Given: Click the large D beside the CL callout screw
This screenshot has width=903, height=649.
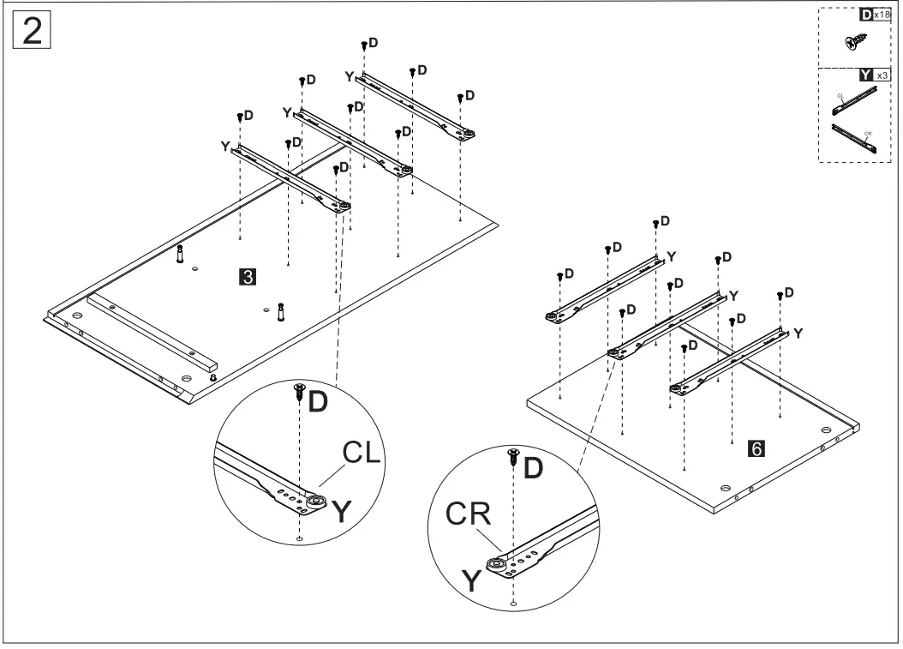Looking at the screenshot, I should pyautogui.click(x=317, y=402).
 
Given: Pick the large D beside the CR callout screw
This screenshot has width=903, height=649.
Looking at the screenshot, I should pyautogui.click(x=533, y=468).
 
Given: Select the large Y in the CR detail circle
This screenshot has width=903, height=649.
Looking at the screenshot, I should pyautogui.click(x=472, y=581).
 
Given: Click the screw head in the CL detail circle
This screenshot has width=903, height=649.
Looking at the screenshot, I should pyautogui.click(x=298, y=390).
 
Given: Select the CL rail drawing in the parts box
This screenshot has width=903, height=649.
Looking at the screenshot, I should pyautogui.click(x=853, y=101).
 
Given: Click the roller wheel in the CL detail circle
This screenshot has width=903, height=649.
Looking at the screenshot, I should pyautogui.click(x=317, y=502).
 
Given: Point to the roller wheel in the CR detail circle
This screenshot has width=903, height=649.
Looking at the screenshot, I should pyautogui.click(x=495, y=564).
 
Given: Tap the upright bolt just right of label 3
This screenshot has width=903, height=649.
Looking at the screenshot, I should pyautogui.click(x=279, y=313).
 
